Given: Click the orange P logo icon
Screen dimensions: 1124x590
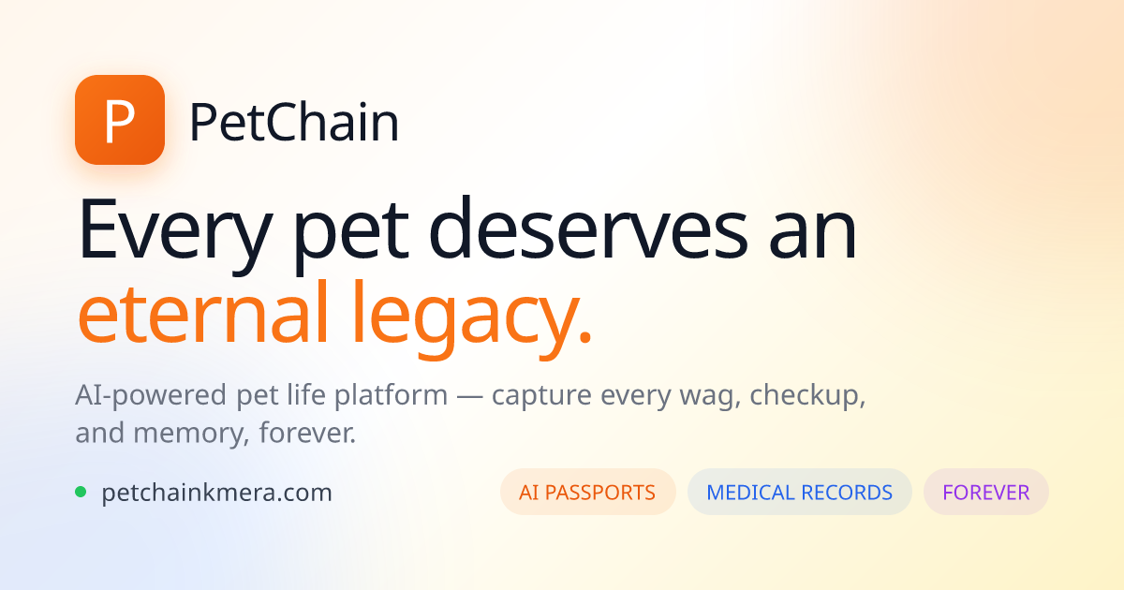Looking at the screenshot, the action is (120, 120).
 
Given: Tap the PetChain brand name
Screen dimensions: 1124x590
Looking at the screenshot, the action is (294, 123).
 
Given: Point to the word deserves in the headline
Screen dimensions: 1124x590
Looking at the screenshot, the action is (588, 229).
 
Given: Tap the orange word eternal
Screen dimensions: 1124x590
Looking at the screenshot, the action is (202, 313).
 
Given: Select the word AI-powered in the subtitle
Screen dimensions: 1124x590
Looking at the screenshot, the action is (151, 396).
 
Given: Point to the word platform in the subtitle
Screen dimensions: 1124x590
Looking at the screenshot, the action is (391, 396).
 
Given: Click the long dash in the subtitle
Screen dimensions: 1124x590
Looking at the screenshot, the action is (469, 397).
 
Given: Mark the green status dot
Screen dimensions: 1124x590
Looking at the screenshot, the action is (81, 492).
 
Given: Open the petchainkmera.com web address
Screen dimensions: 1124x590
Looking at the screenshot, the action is (216, 494).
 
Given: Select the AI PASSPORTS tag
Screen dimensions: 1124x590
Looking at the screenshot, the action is (587, 492).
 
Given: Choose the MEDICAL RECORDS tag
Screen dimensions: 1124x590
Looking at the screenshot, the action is (799, 492).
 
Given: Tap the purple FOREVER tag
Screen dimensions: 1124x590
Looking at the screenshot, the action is (986, 492).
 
